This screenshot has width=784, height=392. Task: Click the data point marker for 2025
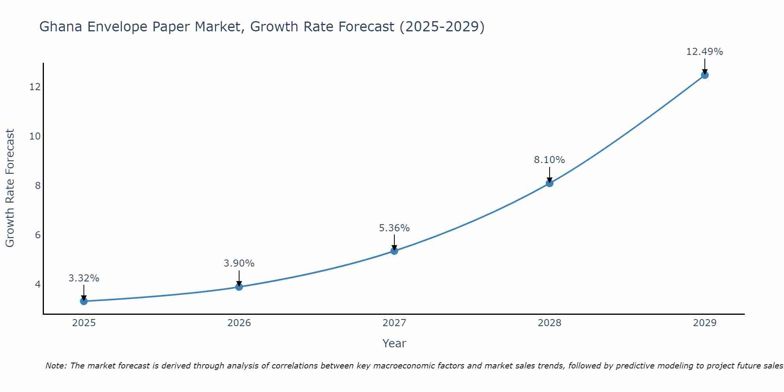(83, 301)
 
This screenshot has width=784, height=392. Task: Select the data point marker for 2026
(239, 287)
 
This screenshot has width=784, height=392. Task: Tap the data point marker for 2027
(394, 251)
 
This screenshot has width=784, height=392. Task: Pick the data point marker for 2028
(549, 183)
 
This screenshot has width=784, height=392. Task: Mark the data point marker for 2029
(704, 75)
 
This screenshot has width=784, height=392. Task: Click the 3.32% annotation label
(83, 278)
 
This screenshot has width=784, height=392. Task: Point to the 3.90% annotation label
(239, 263)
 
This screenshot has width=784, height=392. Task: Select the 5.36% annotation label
(394, 228)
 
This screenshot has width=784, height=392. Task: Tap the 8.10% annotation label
(549, 160)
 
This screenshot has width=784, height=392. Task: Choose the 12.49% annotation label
(704, 52)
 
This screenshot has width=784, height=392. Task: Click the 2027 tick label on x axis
(394, 323)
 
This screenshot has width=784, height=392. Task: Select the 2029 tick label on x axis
(704, 323)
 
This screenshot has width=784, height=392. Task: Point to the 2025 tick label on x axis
(84, 323)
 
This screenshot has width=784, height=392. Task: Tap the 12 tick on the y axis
(35, 87)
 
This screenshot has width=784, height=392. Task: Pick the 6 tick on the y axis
(38, 235)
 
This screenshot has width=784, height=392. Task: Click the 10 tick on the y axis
(35, 136)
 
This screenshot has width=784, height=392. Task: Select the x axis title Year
(394, 343)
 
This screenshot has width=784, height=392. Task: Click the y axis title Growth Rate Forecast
(10, 188)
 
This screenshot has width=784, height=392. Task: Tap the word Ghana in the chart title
(61, 27)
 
